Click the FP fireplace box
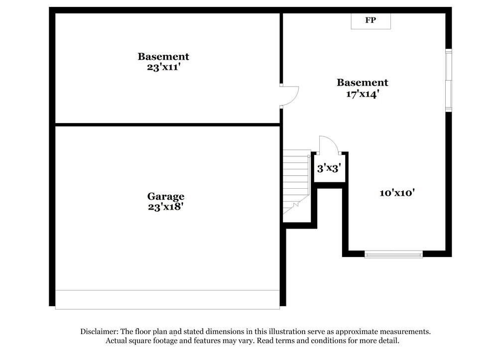tap(371, 21)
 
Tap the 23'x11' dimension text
tap(163, 67)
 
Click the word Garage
tap(165, 197)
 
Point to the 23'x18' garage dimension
tap(165, 206)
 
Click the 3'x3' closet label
tap(328, 168)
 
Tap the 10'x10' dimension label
tap(397, 193)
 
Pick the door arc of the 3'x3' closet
tap(329, 144)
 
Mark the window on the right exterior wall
tap(448, 80)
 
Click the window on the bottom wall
tap(393, 254)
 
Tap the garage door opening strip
tap(167, 299)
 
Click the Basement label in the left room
tap(163, 57)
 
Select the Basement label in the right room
tap(363, 83)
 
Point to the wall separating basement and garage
tap(167, 124)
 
